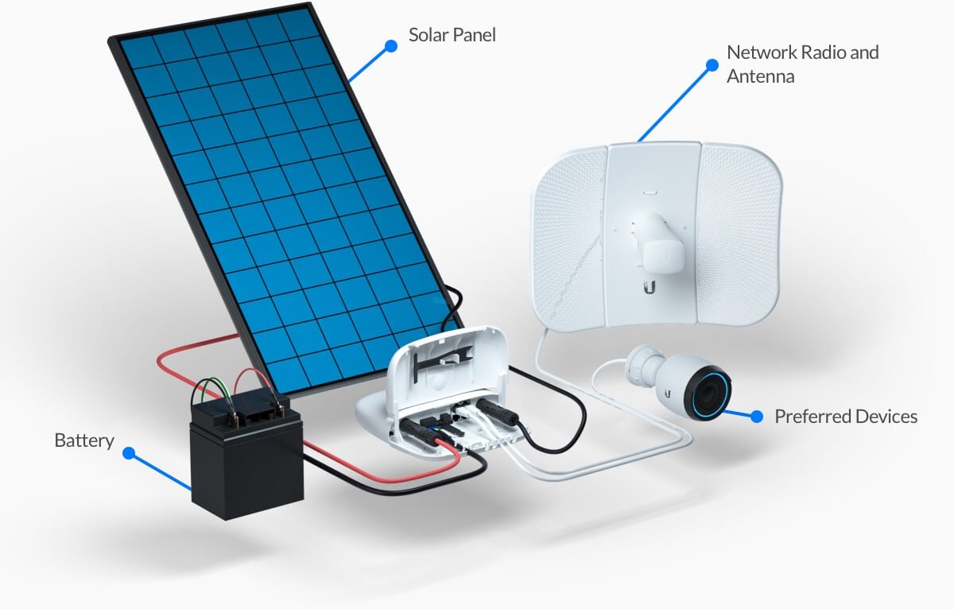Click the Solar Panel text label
(452, 35)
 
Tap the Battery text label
(84, 440)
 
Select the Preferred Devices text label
(846, 417)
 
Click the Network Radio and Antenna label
(802, 64)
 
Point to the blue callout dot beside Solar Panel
(390, 46)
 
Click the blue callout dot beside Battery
(129, 453)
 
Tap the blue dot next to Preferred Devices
(757, 416)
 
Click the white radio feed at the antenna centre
(656, 239)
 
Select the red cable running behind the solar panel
(199, 350)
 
